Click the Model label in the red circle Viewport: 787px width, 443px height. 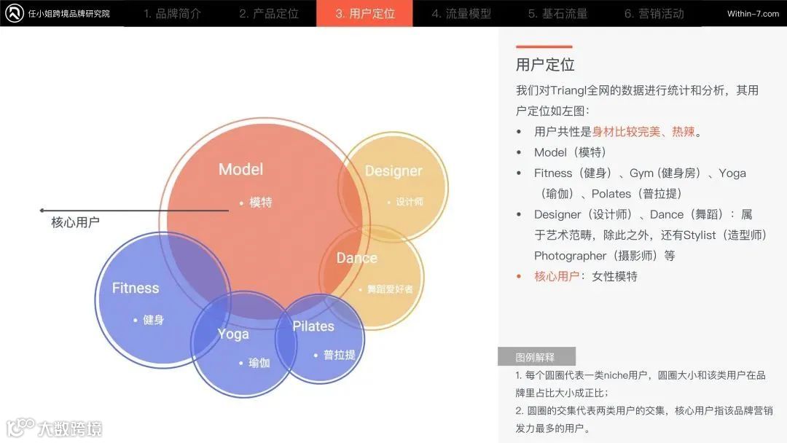pyautogui.click(x=240, y=170)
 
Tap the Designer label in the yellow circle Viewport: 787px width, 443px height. pyautogui.click(x=393, y=171)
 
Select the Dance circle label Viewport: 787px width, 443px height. pyautogui.click(x=357, y=258)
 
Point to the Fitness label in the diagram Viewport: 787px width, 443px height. pyautogui.click(x=136, y=288)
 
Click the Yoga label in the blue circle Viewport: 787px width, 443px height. pyautogui.click(x=233, y=334)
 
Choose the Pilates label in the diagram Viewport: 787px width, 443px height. pyautogui.click(x=313, y=326)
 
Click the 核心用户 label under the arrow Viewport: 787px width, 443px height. pyautogui.click(x=75, y=222)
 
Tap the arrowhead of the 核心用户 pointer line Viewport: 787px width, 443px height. pyautogui.click(x=42, y=211)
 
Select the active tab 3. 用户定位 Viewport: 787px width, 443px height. pyautogui.click(x=365, y=13)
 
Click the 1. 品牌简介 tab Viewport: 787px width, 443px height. pyautogui.click(x=172, y=13)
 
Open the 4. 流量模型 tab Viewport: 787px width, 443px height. pyautogui.click(x=461, y=13)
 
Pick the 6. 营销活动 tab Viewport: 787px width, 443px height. pyautogui.click(x=654, y=13)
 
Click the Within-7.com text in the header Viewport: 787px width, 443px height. pyautogui.click(x=753, y=14)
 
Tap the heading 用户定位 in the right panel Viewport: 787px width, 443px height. pyautogui.click(x=545, y=65)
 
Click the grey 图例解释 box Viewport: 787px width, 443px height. pyautogui.click(x=536, y=357)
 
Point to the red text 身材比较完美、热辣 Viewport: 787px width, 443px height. pyautogui.click(x=643, y=132)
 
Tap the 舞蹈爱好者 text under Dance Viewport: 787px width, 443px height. pyautogui.click(x=390, y=289)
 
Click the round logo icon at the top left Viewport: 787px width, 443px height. pyautogui.click(x=15, y=13)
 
